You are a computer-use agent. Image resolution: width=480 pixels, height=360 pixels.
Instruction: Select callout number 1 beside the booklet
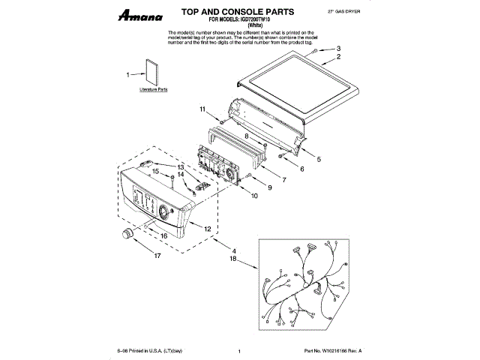click(x=128, y=73)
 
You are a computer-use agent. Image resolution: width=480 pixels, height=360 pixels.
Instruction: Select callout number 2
click(x=338, y=57)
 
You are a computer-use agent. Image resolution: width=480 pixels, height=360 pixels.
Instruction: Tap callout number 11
click(x=202, y=110)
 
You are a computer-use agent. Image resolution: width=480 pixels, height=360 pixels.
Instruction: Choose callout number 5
click(x=319, y=159)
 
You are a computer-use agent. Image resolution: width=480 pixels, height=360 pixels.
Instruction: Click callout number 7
click(x=283, y=180)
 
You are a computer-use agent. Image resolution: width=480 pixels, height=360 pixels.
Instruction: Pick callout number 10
click(x=254, y=196)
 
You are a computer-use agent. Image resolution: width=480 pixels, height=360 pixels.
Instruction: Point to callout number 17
click(x=157, y=255)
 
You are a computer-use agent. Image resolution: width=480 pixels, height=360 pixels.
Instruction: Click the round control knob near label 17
click(x=127, y=236)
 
